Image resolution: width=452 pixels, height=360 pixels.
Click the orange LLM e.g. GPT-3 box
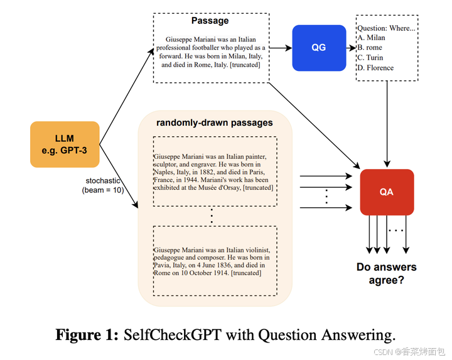[x=65, y=145]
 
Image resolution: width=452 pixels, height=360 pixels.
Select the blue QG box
[x=319, y=48]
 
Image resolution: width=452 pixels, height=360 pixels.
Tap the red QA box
[x=386, y=192]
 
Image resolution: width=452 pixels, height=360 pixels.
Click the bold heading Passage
[x=210, y=21]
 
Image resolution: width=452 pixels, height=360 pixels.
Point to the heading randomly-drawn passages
[x=214, y=122]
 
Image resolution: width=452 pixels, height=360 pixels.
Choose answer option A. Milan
[x=371, y=38]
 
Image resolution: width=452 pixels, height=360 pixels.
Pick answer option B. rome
[x=369, y=48]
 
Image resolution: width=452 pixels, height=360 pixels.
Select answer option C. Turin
[x=370, y=58]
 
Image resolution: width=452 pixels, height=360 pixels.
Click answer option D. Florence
[x=375, y=68]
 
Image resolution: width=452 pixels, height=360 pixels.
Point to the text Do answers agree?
[x=386, y=273]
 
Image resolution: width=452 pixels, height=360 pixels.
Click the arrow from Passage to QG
[x=281, y=48]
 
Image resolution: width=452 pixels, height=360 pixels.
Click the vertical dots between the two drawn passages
[x=213, y=217]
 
